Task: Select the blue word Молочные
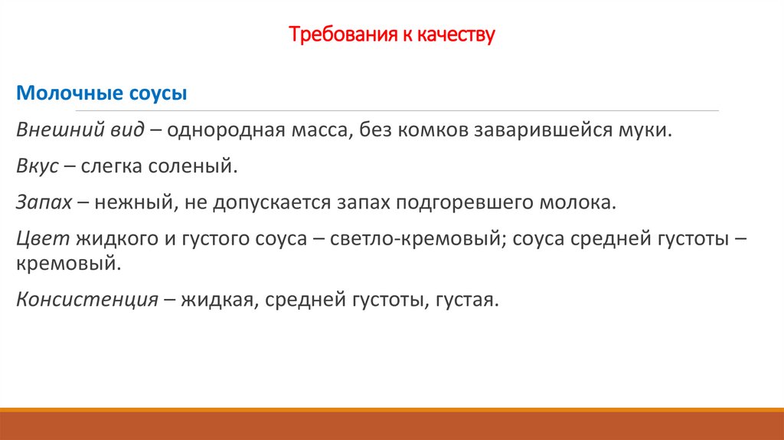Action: coord(66,94)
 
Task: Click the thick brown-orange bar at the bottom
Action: coord(392,425)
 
